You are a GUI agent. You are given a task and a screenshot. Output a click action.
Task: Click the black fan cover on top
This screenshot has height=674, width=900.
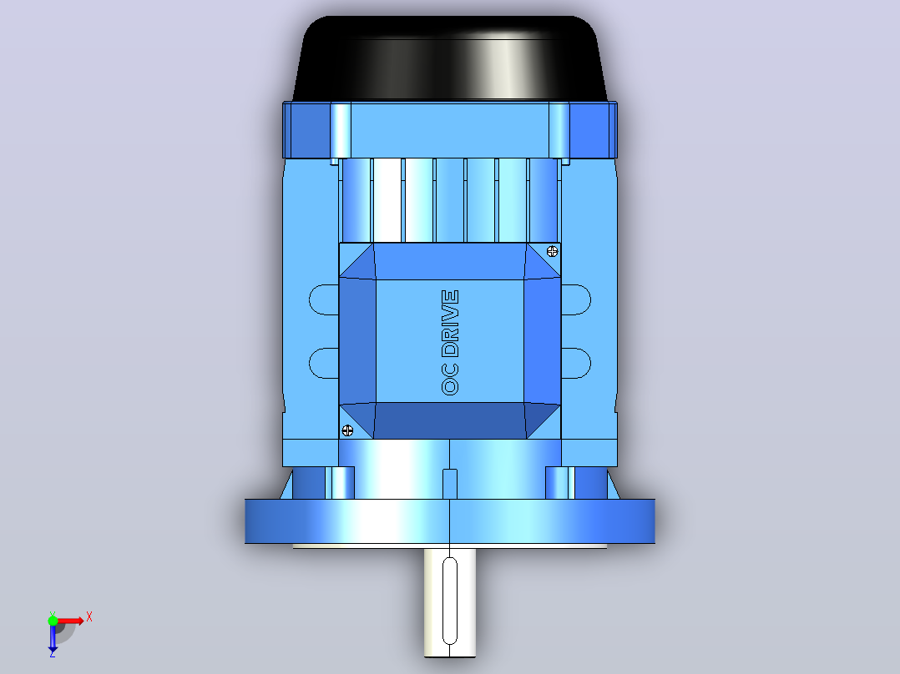pyautogui.click(x=449, y=58)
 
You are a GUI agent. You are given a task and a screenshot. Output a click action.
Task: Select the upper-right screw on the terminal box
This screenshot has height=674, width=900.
pyautogui.click(x=552, y=251)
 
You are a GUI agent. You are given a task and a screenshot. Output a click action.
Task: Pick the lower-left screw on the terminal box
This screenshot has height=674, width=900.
pyautogui.click(x=347, y=430)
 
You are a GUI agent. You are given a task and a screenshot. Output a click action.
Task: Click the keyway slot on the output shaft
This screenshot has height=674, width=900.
pyautogui.click(x=450, y=601)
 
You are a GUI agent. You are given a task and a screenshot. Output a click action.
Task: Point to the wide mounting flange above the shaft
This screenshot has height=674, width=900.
pyautogui.click(x=450, y=521)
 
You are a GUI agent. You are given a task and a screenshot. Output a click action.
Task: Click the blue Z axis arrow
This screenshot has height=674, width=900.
pyautogui.click(x=53, y=638)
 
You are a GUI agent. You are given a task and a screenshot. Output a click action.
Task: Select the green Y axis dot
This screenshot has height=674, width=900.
pyautogui.click(x=53, y=621)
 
